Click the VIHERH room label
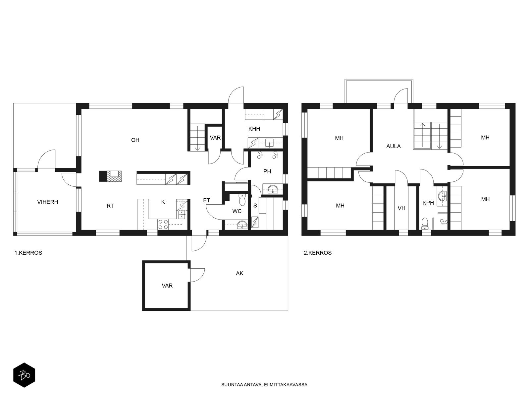pos(48,202)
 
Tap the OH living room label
pos(135,140)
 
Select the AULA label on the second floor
pos(393,146)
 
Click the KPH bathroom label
pos(428,203)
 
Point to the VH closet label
pos(401,208)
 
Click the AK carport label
pos(239,273)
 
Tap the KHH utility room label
pos(254,129)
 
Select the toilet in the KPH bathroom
pos(424,223)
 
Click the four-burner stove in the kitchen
pos(163,224)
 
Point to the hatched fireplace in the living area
pos(114,176)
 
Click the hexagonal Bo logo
pos(24,375)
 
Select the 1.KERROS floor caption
pos(28,253)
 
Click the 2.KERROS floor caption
pos(318,253)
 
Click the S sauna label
pos(255,206)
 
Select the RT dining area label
pos(110,206)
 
